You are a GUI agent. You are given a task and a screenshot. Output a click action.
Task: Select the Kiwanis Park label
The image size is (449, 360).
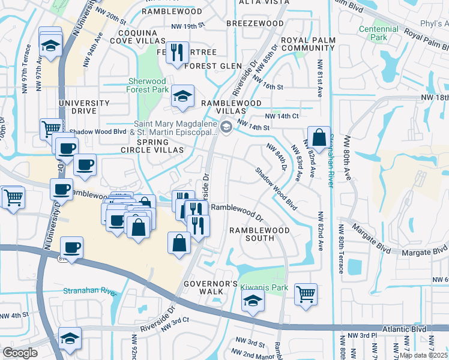click(264, 287)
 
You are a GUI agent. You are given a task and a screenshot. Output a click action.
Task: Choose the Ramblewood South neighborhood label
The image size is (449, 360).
click(258, 234)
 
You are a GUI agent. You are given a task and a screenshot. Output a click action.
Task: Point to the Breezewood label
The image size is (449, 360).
click(255, 23)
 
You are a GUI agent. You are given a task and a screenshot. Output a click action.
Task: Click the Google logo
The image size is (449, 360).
click(20, 353)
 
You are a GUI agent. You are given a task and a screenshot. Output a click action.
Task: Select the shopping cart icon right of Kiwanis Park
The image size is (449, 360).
click(306, 294)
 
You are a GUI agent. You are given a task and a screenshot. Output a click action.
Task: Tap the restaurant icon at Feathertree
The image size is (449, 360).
click(177, 52)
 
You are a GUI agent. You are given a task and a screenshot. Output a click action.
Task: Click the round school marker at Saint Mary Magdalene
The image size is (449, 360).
click(227, 126)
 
